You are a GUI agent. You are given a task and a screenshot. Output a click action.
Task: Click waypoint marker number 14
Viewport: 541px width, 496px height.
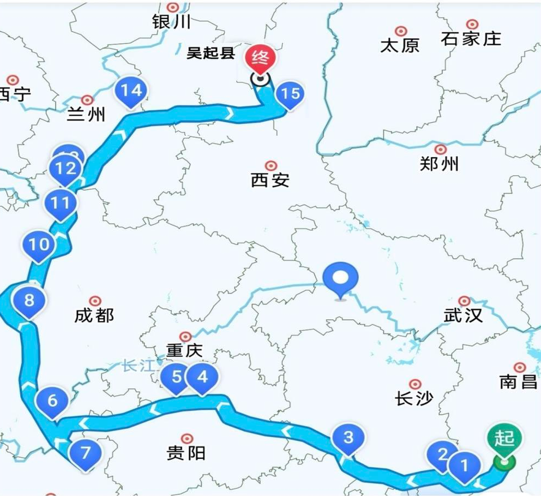pos(131,90)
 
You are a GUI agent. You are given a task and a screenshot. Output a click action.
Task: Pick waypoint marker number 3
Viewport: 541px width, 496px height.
pos(348,438)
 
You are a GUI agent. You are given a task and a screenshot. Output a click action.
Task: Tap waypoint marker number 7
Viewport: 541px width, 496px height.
pos(85,452)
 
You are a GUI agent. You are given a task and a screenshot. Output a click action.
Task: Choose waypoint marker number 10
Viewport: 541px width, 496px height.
pos(39,244)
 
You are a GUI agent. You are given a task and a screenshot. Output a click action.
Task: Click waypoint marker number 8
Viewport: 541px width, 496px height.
pos(29,300)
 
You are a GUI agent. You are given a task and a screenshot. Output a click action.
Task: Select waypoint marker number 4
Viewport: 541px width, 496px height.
pos(202,377)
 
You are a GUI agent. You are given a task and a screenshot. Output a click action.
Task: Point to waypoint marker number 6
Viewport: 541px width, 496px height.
pos(52,401)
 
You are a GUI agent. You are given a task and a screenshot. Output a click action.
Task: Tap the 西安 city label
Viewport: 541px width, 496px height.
pos(270,180)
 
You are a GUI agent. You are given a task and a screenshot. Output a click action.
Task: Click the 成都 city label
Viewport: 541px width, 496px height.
pos(94,315)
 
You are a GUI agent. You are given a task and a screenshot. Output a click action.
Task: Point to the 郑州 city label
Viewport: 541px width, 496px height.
pos(440,163)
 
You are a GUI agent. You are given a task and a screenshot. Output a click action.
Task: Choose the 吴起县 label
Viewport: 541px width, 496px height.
pos(211,53)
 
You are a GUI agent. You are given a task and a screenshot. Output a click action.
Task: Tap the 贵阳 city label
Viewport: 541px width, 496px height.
pos(186,452)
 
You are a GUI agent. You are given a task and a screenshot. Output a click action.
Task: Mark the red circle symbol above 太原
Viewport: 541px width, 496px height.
pos(401,31)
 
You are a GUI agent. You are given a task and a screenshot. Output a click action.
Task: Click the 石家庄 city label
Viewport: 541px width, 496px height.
pos(471,39)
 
